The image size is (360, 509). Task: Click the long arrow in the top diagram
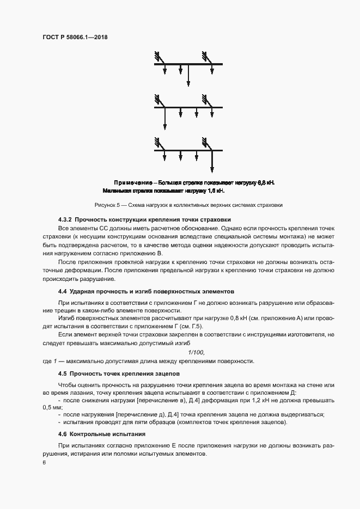(x=188, y=75)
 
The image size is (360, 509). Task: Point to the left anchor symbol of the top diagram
(x=158, y=56)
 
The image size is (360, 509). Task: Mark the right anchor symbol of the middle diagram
(x=205, y=100)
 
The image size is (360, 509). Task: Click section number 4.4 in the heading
(x=62, y=291)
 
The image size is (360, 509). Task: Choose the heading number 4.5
(x=62, y=374)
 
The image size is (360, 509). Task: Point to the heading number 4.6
(x=62, y=434)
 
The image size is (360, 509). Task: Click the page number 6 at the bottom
(x=44, y=462)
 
